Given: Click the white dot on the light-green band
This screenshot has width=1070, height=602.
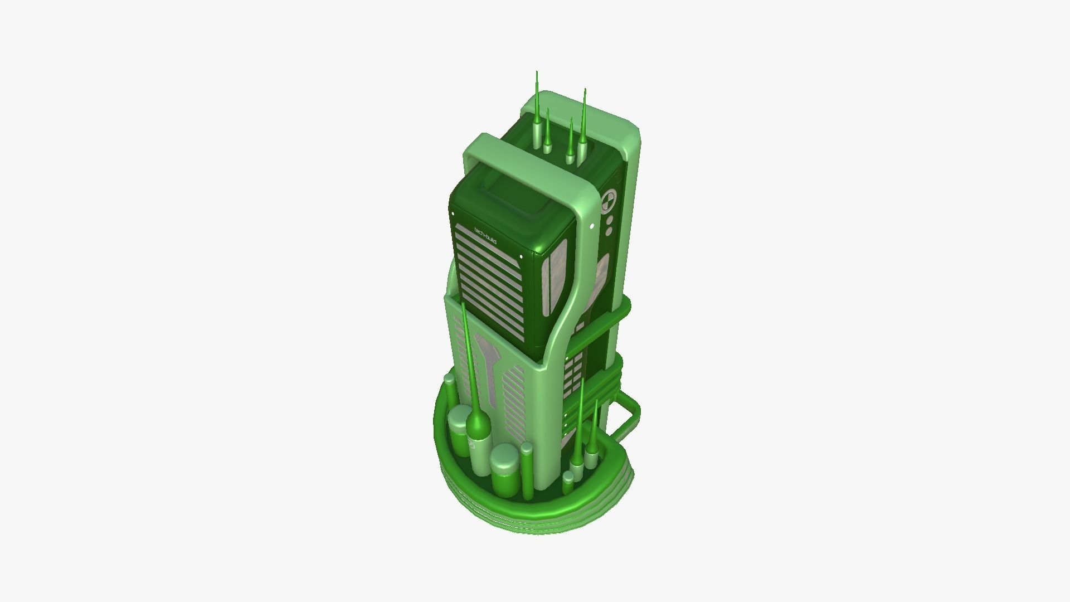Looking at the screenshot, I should point(591,225).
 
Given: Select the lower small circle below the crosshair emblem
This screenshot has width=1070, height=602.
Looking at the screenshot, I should point(609,230).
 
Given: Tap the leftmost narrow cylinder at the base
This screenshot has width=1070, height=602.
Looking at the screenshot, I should point(449,390).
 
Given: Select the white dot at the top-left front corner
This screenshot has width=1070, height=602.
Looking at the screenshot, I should point(453,213).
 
